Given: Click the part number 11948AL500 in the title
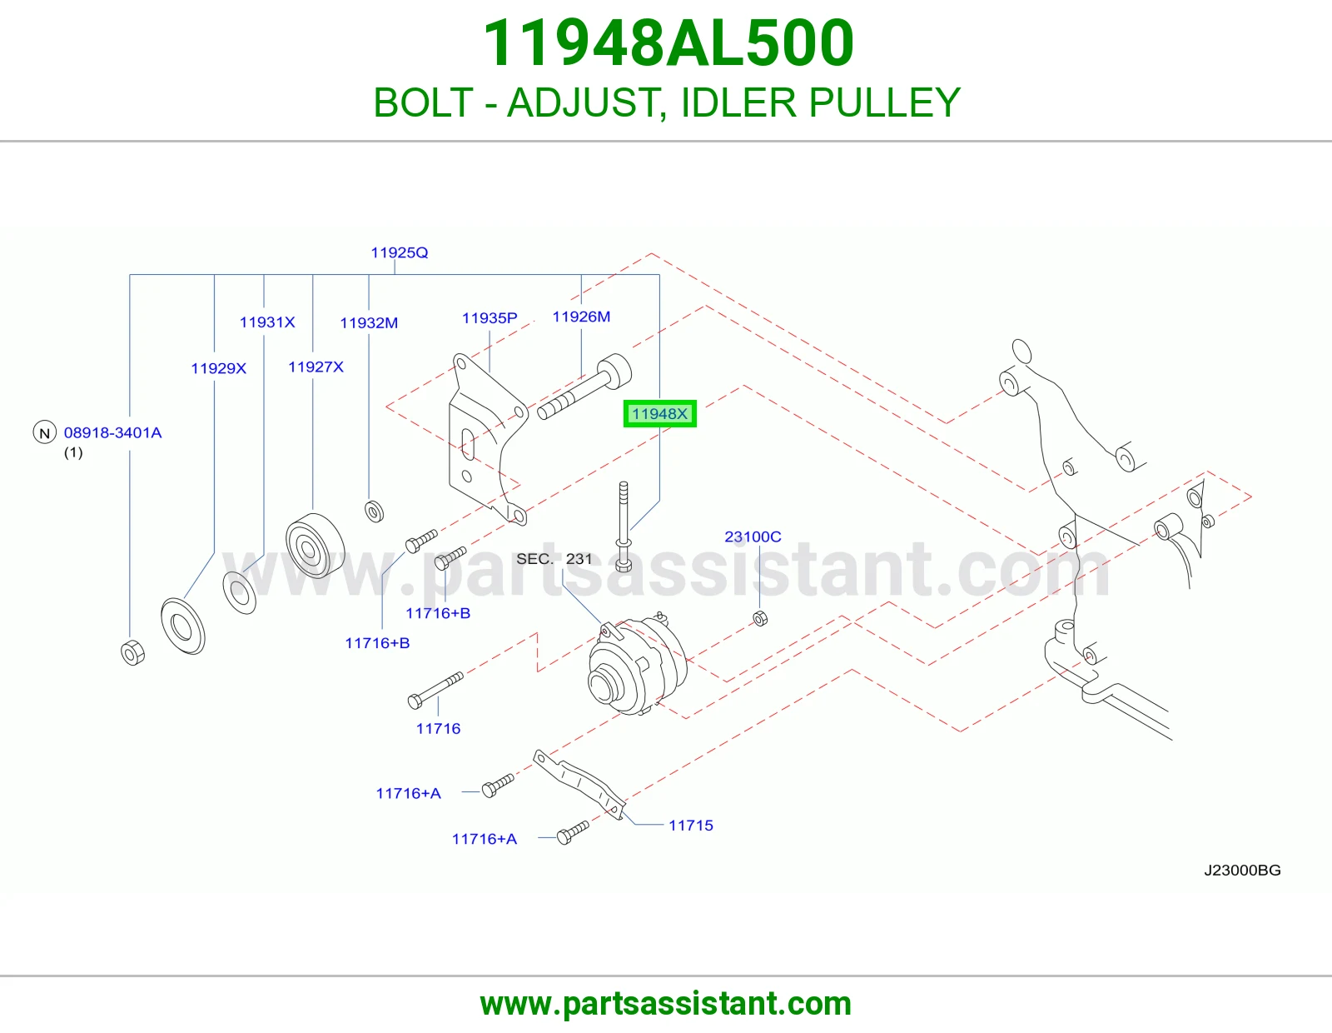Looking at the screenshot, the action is (668, 43).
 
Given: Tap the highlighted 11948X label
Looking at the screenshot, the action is (659, 414).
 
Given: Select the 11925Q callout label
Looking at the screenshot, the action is (399, 252).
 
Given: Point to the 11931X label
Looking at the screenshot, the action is (267, 322).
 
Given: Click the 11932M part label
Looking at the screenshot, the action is (369, 322).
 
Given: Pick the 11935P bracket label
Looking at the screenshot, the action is (490, 317).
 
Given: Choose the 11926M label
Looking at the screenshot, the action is (581, 317).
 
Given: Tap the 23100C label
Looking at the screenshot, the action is (753, 536).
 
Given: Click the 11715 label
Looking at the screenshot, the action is (691, 825).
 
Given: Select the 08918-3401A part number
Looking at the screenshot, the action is (112, 432).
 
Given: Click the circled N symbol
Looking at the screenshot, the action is (45, 432).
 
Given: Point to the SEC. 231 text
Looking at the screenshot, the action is (554, 559).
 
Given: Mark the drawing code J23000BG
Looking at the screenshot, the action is (1242, 870).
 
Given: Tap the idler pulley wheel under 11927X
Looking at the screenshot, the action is (315, 546).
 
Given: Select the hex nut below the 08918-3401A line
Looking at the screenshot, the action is (133, 652).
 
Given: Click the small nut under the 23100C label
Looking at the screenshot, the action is (760, 618).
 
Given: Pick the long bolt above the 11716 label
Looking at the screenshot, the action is (435, 690).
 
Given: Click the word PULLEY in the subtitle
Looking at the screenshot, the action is (884, 102).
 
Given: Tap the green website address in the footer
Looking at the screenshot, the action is (666, 1004).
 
